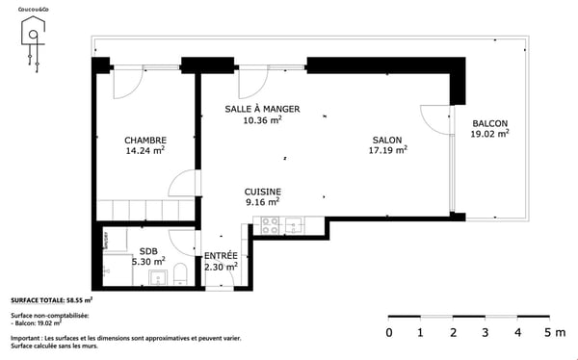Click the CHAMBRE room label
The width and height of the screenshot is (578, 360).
(144, 139)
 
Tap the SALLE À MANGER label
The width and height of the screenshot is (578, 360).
(262, 109)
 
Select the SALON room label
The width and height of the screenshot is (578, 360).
(389, 139)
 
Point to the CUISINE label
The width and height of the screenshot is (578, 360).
(262, 191)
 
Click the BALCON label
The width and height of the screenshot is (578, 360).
(489, 123)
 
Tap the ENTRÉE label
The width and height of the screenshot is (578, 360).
(221, 256)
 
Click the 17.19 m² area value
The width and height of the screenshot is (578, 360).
(389, 150)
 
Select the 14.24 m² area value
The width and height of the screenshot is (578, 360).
(144, 150)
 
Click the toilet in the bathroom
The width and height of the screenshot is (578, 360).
(178, 278)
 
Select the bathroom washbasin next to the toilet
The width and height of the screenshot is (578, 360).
(156, 279)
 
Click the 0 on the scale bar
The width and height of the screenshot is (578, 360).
(388, 333)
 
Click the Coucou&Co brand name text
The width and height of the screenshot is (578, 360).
(33, 9)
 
